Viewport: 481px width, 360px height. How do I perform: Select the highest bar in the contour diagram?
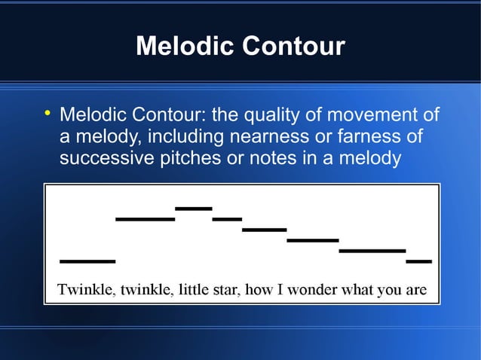click(193, 208)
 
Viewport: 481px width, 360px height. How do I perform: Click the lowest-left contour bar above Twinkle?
click(87, 261)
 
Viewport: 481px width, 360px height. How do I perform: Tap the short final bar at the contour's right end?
click(418, 261)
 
